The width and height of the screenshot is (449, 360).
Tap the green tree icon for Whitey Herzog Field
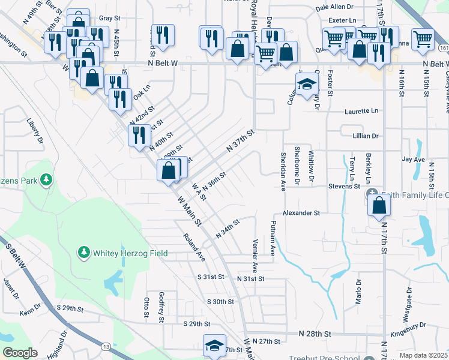(85, 253)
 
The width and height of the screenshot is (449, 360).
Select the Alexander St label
(302, 213)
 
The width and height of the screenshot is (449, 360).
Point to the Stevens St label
(343, 187)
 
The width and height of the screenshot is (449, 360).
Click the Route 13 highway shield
(106, 346)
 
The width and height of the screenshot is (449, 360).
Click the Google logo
(20, 353)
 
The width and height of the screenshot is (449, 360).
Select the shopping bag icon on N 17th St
(379, 206)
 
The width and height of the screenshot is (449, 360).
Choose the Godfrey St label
(161, 307)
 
